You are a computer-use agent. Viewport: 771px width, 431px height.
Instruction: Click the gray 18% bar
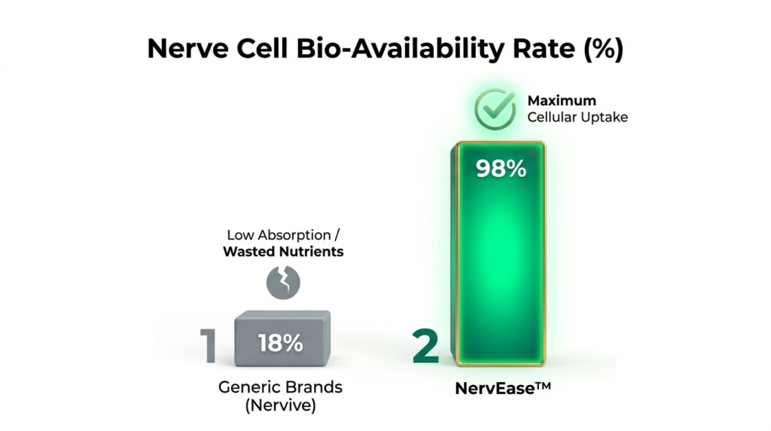[282, 338]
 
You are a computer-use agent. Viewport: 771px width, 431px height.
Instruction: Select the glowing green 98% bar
[498, 253]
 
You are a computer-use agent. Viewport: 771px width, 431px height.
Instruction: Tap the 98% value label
[501, 169]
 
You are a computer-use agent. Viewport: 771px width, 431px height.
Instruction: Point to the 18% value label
[280, 343]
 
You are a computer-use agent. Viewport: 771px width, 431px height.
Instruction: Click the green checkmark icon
[495, 109]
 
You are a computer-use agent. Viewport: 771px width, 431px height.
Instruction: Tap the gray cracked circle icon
[283, 283]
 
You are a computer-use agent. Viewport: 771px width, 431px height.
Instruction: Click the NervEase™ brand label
[502, 388]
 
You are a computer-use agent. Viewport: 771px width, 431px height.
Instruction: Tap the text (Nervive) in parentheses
[280, 405]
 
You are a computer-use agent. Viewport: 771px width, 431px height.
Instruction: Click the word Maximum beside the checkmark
[562, 100]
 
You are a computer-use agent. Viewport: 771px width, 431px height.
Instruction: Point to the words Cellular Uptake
[577, 117]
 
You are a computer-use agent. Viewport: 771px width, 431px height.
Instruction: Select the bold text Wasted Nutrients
[283, 252]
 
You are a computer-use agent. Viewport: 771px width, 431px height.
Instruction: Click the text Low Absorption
[279, 234]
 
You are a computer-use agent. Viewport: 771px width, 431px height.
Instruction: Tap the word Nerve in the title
[187, 48]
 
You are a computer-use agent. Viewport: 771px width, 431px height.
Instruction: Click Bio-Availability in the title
[400, 49]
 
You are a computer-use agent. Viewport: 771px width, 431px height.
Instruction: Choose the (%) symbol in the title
[603, 49]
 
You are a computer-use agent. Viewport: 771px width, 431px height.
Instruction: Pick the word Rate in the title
[544, 48]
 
